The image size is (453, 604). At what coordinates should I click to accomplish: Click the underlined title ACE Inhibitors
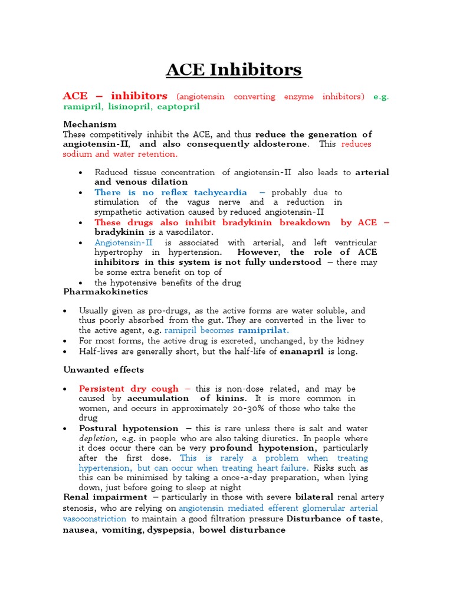(x=234, y=70)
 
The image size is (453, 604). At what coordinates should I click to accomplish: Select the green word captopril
(x=175, y=107)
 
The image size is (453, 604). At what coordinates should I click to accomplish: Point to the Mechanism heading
(x=90, y=124)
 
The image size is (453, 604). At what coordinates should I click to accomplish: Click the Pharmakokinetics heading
(x=106, y=292)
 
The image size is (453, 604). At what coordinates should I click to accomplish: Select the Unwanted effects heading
(x=103, y=370)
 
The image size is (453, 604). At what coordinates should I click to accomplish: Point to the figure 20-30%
(x=265, y=408)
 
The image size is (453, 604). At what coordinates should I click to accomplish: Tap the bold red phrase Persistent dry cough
(x=128, y=389)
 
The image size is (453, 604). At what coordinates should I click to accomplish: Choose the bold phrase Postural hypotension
(x=128, y=428)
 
